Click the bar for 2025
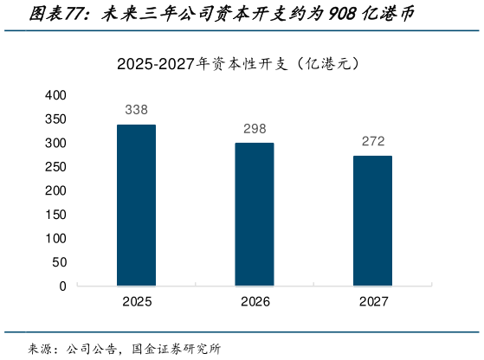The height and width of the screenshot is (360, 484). pyautogui.click(x=137, y=205)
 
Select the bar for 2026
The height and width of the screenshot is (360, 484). pyautogui.click(x=255, y=215)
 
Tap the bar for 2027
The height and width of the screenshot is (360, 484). pyautogui.click(x=372, y=221)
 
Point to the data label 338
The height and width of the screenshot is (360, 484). pyautogui.click(x=137, y=110)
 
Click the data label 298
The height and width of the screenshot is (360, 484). pyautogui.click(x=255, y=129)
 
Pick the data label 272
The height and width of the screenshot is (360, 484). pyautogui.click(x=373, y=141)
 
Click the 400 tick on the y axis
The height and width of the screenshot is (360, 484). pyautogui.click(x=55, y=94)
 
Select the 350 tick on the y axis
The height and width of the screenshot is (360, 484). pyautogui.click(x=55, y=119)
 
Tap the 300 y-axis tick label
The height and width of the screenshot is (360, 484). pyautogui.click(x=55, y=143)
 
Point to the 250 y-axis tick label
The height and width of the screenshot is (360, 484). pyautogui.click(x=55, y=166)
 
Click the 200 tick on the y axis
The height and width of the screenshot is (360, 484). pyautogui.click(x=55, y=190)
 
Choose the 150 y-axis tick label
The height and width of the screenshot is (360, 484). pyautogui.click(x=55, y=214)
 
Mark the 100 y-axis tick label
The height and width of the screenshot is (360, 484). pyautogui.click(x=55, y=238)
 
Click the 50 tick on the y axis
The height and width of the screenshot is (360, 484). pyautogui.click(x=59, y=261)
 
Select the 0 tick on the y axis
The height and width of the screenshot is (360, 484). pyautogui.click(x=62, y=286)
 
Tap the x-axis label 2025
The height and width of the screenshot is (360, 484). pyautogui.click(x=137, y=301)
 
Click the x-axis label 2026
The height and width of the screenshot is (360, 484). pyautogui.click(x=255, y=301)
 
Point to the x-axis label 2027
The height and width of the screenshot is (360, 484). pyautogui.click(x=373, y=301)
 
